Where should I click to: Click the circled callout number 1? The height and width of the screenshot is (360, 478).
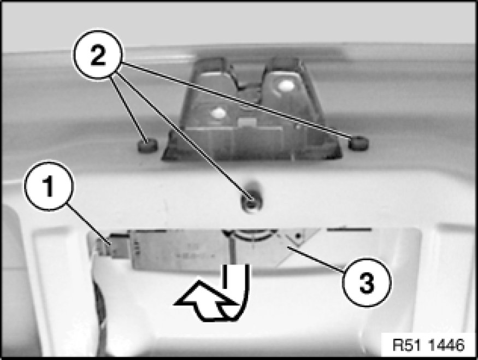(49, 186)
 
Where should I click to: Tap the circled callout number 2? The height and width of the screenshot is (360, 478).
(98, 55)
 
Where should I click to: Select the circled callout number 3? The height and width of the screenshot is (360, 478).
(367, 282)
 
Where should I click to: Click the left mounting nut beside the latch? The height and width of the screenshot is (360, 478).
(147, 146)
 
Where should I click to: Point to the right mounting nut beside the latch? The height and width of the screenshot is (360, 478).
(358, 143)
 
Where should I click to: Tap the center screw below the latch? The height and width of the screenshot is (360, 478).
(251, 203)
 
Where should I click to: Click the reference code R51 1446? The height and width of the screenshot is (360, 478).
(428, 345)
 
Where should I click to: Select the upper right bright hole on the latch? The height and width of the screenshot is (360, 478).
(286, 85)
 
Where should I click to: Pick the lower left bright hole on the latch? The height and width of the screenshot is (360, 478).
(219, 113)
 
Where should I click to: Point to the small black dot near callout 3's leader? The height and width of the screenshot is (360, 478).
(298, 235)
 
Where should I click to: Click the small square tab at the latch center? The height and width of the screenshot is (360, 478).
(247, 122)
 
